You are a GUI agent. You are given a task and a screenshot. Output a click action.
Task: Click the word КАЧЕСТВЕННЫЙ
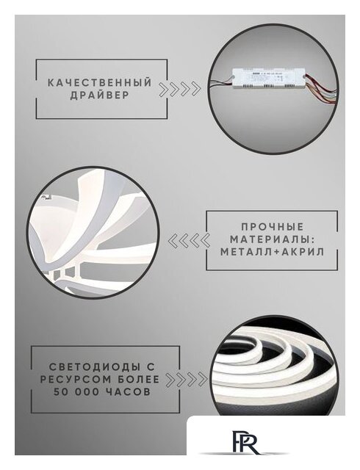(x=100, y=83)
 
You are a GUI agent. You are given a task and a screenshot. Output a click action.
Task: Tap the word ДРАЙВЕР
(x=99, y=96)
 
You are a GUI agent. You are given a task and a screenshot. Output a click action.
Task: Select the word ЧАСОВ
(x=127, y=392)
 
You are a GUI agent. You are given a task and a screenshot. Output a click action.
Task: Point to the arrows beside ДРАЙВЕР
(x=181, y=90)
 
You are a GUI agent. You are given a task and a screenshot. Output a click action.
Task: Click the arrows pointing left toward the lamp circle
(x=185, y=239)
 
